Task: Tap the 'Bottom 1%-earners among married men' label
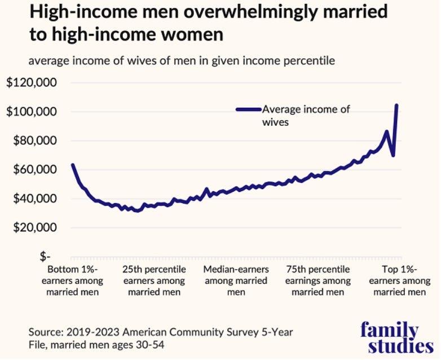[x=74, y=280]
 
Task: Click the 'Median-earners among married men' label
[x=236, y=280]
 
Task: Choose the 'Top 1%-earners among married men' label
[x=400, y=280]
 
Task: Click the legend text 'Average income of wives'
[x=305, y=115]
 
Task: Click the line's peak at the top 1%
[x=397, y=105]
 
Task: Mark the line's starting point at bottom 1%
[x=72, y=165]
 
